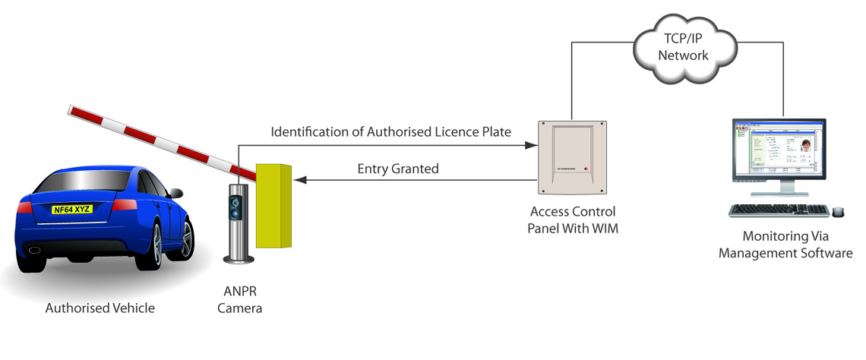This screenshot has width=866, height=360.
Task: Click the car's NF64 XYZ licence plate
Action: (73, 208)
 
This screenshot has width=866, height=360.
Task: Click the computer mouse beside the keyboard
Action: (838, 211)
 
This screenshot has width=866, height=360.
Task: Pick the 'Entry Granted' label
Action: (398, 169)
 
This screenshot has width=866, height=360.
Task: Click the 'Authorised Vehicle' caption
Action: (100, 308)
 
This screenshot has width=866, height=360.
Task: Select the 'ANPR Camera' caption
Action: (239, 302)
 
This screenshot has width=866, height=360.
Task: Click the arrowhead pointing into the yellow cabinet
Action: (300, 180)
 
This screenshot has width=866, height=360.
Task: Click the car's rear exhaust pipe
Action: (35, 248)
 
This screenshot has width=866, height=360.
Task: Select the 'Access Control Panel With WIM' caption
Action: (572, 219)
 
